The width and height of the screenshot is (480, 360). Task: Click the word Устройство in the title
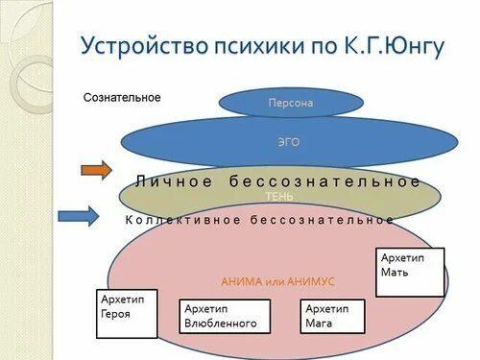tap(138, 46)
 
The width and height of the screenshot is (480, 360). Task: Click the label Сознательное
tap(122, 98)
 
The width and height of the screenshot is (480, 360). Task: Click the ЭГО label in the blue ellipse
tap(288, 141)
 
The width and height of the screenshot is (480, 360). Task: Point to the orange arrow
tap(96, 172)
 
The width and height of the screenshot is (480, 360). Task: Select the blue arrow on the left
tap(78, 216)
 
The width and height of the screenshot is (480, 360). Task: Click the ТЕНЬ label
tap(280, 197)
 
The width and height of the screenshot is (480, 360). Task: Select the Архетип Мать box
tap(411, 272)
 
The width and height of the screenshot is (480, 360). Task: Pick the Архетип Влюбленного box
tap(225, 316)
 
